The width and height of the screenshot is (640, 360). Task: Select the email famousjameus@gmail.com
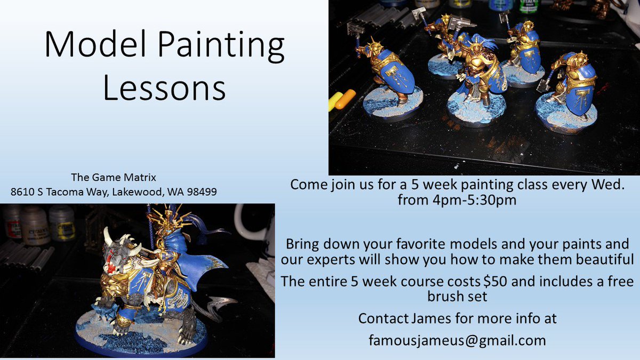457,340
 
